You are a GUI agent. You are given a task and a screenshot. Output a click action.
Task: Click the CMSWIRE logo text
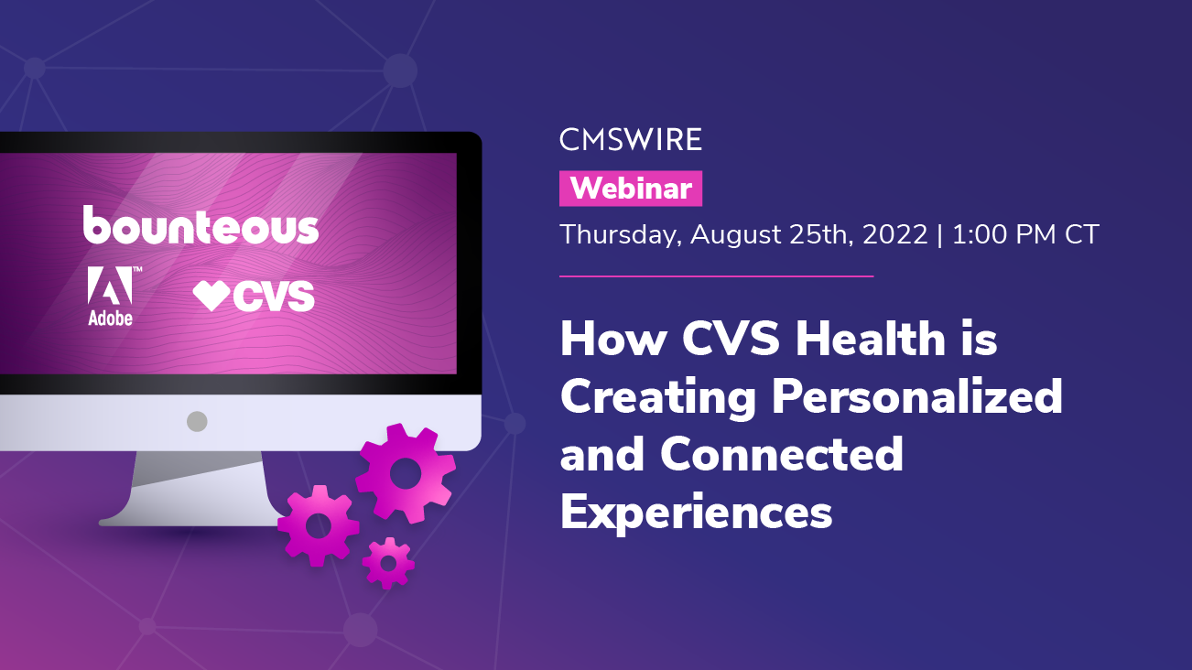pos(631,140)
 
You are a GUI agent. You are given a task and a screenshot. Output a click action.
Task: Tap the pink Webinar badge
pos(631,189)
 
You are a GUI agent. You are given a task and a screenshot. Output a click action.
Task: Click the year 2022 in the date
pos(886,234)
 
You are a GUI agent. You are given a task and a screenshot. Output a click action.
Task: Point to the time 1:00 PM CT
pos(1025,234)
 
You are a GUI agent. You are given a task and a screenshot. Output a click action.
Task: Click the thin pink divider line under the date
pos(716,276)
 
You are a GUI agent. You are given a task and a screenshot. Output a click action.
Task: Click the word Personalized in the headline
pos(916,397)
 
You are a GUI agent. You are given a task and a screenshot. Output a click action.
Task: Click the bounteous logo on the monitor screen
pos(201,225)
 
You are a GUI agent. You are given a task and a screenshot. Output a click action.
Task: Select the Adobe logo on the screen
pos(110,296)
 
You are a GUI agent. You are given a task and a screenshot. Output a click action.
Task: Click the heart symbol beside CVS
pos(211,296)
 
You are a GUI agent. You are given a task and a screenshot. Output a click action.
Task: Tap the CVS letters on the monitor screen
pos(273,296)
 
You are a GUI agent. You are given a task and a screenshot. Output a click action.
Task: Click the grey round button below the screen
pos(197,421)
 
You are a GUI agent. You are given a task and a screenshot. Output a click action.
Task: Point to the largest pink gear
pos(405,472)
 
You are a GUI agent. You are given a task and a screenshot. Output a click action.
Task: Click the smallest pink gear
pos(388,562)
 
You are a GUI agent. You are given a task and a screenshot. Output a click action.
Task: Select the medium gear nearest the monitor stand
pos(318,525)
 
